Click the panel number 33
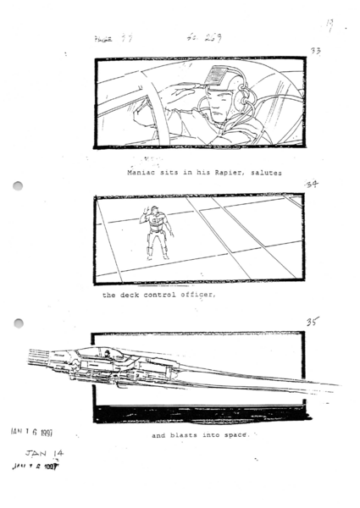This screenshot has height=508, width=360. pos(315,51)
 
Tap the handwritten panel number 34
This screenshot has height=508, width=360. pos(312,185)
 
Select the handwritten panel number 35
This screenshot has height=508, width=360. pos(313,323)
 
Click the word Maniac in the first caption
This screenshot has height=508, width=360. pos(141,172)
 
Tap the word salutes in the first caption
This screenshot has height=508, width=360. pos(266,172)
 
